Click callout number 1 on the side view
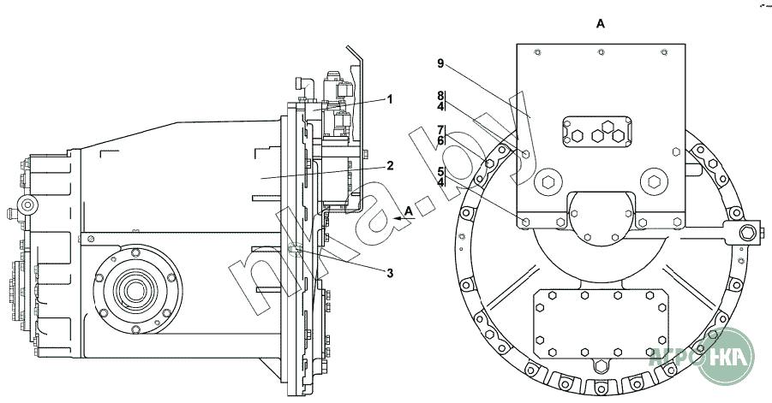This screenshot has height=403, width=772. [x=389, y=99]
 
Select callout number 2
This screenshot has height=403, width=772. [x=389, y=166]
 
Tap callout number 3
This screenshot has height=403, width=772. [x=389, y=274]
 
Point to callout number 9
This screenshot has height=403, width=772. [x=439, y=64]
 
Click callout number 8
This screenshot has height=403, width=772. [x=440, y=95]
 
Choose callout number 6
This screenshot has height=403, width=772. [x=440, y=140]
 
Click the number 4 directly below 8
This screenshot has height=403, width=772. [x=440, y=107]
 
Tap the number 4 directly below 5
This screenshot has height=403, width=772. [x=440, y=182]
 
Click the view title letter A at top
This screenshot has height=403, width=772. [x=600, y=25]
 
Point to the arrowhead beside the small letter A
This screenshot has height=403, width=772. [x=396, y=220]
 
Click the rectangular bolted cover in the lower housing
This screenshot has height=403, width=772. [x=600, y=324]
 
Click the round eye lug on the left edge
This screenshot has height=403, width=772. [x=28, y=204]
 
